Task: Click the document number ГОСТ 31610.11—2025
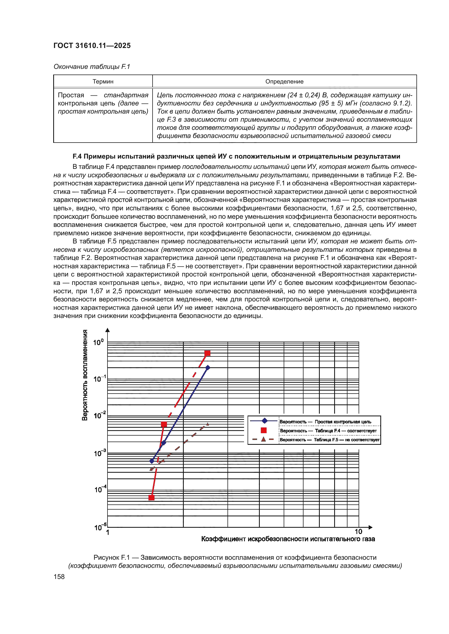pyautogui.click(x=92, y=46)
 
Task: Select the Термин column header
pyautogui.click(x=103, y=82)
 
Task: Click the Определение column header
pyautogui.click(x=284, y=82)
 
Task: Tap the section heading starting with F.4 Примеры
pyautogui.click(x=236, y=156)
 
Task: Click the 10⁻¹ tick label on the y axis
pyautogui.click(x=99, y=379)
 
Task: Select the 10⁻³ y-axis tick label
pyautogui.click(x=100, y=453)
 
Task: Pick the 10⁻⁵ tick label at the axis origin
pyautogui.click(x=100, y=527)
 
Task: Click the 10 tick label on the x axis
pyautogui.click(x=358, y=531)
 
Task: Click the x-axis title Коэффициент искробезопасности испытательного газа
pyautogui.click(x=288, y=539)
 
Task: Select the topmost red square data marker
pyautogui.click(x=207, y=353)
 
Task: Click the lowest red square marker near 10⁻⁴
pyautogui.click(x=151, y=498)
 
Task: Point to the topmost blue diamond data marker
pyautogui.click(x=208, y=368)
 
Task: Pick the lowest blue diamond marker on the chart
pyautogui.click(x=152, y=461)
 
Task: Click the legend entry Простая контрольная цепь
pyautogui.click(x=325, y=422)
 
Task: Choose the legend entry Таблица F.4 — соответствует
pyautogui.click(x=328, y=431)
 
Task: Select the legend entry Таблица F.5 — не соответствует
pyautogui.click(x=329, y=440)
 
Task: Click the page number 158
pyautogui.click(x=59, y=577)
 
